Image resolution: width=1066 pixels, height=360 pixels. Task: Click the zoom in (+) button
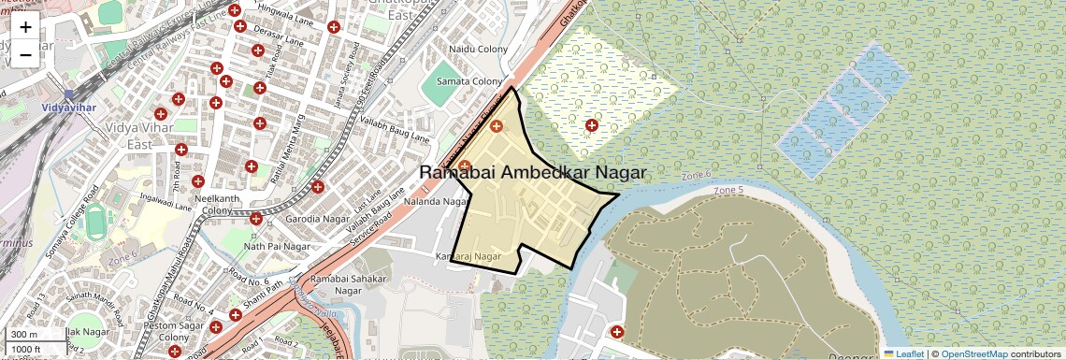[x=25, y=27]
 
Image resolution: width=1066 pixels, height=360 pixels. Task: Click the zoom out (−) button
[x=25, y=54]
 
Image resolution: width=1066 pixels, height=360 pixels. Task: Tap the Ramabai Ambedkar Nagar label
[x=532, y=172]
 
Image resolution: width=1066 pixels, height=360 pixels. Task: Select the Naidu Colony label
[x=478, y=49]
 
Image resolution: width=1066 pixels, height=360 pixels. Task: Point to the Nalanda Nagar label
[x=435, y=201]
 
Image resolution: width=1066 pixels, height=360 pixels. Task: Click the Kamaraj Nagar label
[x=468, y=255]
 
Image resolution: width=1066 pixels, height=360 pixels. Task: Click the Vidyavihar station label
[x=67, y=108]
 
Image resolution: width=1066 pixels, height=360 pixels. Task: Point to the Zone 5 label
[x=728, y=191]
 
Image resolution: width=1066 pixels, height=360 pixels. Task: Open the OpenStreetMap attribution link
[x=973, y=353]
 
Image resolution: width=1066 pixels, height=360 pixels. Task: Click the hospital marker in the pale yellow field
[x=591, y=125]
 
